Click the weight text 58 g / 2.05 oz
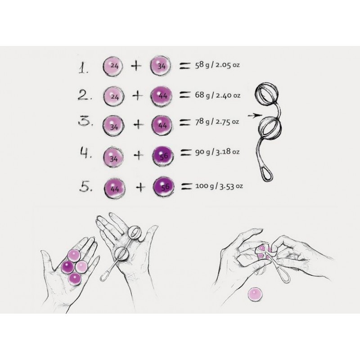217,66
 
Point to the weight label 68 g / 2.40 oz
218,95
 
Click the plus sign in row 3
139,124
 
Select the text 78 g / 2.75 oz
218,122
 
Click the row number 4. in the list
85,154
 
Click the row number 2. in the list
84,96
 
